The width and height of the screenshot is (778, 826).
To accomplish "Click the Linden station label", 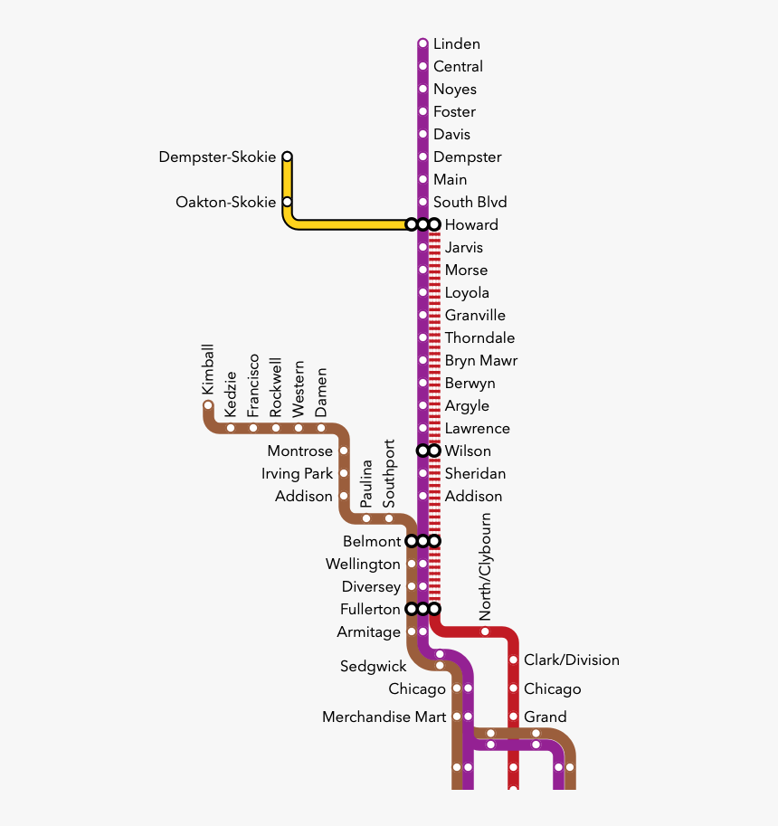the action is (457, 43).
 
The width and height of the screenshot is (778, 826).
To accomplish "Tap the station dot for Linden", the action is (422, 43).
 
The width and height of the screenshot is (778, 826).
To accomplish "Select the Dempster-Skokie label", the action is (217, 157).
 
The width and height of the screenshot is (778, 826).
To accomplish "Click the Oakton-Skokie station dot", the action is (287, 202).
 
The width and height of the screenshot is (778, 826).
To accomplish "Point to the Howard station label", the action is (471, 225).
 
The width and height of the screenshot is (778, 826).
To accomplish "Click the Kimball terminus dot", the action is (208, 405).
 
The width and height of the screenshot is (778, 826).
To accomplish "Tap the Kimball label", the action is (208, 369).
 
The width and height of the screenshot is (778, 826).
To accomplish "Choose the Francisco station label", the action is (253, 385).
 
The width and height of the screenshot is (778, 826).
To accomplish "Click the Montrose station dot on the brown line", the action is (344, 451).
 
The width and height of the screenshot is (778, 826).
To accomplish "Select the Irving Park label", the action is (297, 473).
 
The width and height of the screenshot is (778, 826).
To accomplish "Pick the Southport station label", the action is (389, 473).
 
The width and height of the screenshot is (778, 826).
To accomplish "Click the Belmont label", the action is (372, 542).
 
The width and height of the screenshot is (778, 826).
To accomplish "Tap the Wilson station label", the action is (468, 451).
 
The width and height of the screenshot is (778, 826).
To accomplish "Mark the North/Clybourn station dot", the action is (485, 631).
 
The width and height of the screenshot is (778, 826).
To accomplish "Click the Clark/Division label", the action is (572, 660).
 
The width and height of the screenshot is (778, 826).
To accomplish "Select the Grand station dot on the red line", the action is (514, 717).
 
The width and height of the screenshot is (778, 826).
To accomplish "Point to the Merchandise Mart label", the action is (384, 717).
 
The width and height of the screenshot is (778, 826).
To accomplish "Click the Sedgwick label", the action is (373, 667).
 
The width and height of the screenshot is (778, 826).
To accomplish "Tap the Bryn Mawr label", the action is (481, 361).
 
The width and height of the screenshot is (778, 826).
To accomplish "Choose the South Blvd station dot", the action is (422, 202).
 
